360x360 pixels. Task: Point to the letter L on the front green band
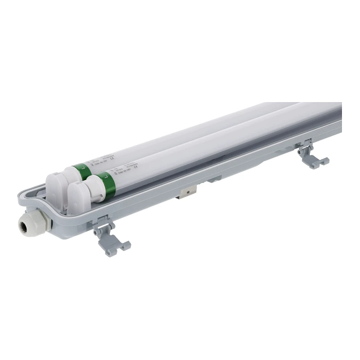coord(105,174)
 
